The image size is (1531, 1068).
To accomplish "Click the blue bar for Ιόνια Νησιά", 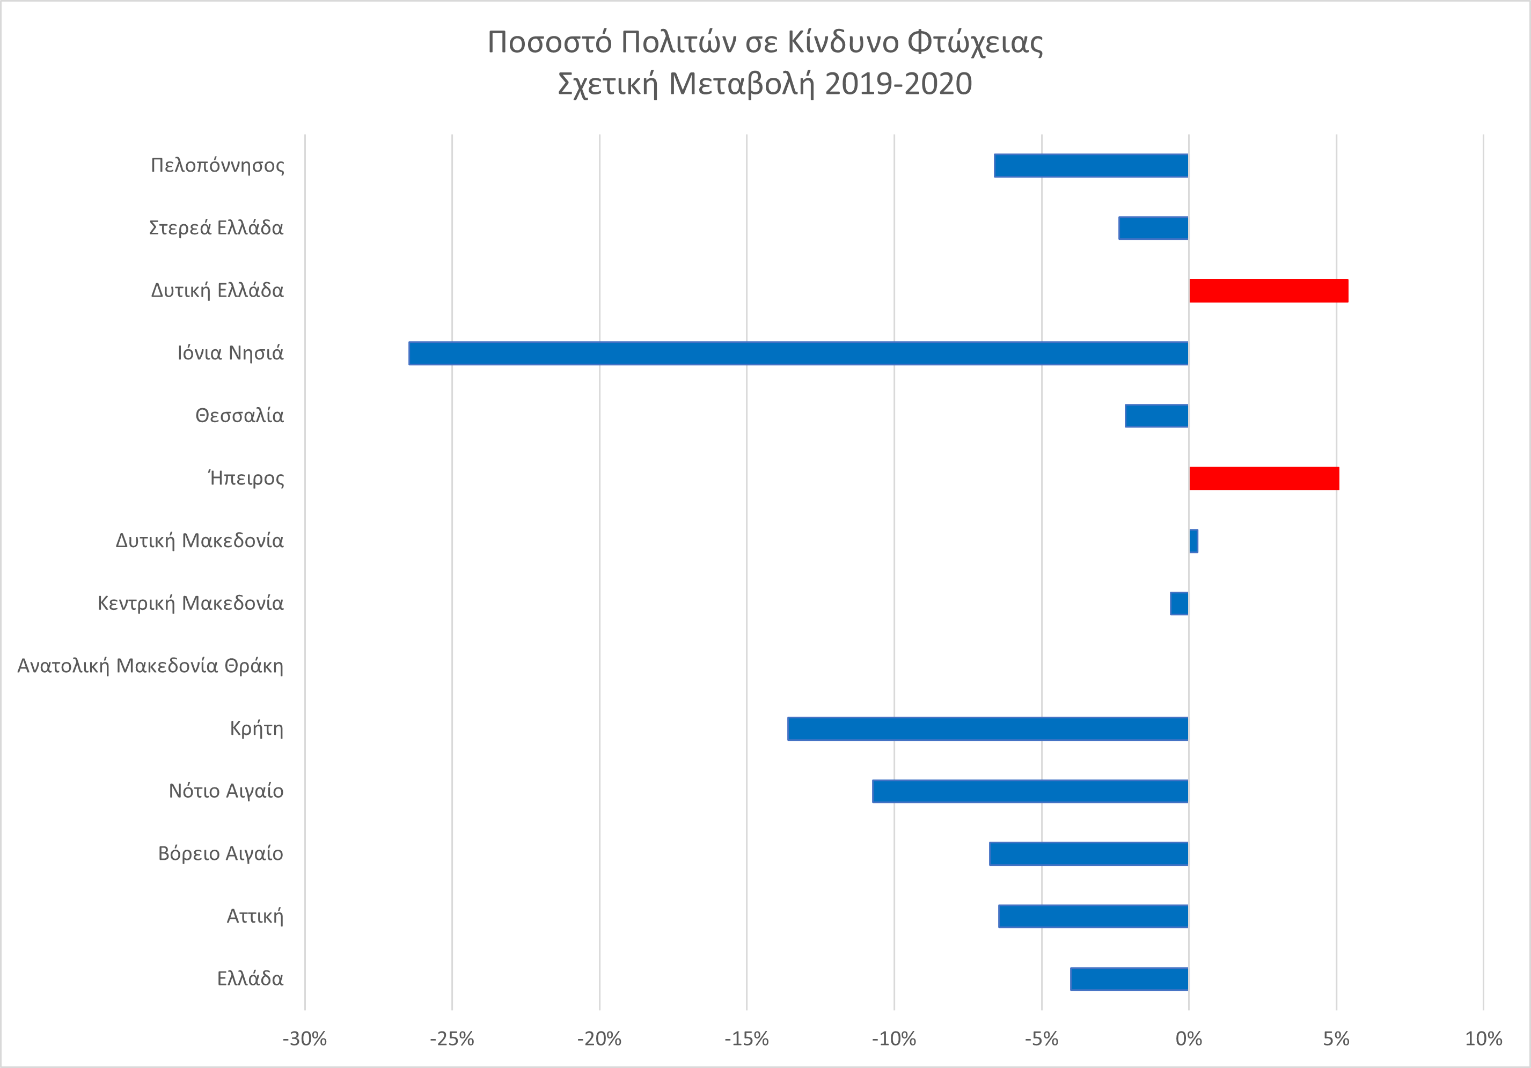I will pyautogui.click(x=797, y=353).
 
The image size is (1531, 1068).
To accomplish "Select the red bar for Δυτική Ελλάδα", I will pyautogui.click(x=1268, y=291).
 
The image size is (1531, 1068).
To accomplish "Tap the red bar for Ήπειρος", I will pyautogui.click(x=1264, y=478).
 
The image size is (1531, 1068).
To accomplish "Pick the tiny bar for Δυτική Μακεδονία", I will pyautogui.click(x=1193, y=541).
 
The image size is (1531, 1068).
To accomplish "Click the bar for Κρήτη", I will pyautogui.click(x=987, y=728).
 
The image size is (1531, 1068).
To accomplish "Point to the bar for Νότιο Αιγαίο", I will pyautogui.click(x=1030, y=791).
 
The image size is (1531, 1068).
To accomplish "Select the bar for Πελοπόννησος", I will pyautogui.click(x=1091, y=165).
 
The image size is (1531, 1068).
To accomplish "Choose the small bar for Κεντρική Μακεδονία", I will pyautogui.click(x=1179, y=603).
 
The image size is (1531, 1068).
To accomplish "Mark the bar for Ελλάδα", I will pyautogui.click(x=1129, y=978).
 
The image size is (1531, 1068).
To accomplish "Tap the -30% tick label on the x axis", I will pyautogui.click(x=305, y=1038).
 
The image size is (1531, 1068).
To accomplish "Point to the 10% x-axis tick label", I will pyautogui.click(x=1483, y=1038).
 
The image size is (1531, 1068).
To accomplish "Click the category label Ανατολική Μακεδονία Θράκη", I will pyautogui.click(x=151, y=666).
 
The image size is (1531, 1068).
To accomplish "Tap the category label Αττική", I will pyautogui.click(x=255, y=916).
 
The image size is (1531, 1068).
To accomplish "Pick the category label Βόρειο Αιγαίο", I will pyautogui.click(x=221, y=853).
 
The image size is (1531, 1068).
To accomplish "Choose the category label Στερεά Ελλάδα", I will pyautogui.click(x=216, y=228).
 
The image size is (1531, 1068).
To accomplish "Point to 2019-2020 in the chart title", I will pyautogui.click(x=898, y=84).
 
